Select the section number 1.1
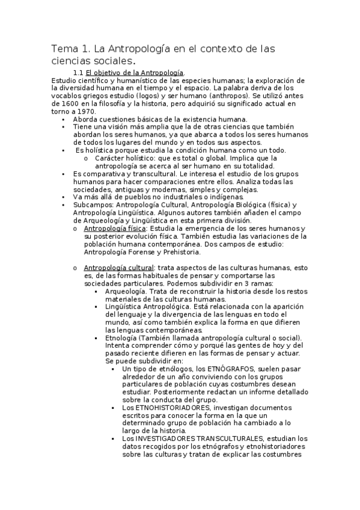pos(79,73)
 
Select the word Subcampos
pos(92,205)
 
